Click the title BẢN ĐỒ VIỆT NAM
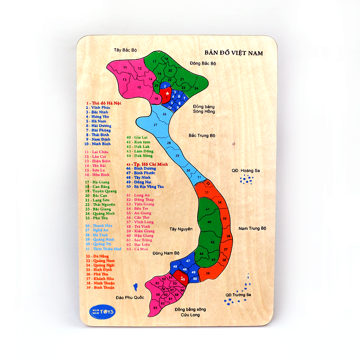tap(234, 53)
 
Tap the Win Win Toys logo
tap(102, 311)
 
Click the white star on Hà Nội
tap(167, 93)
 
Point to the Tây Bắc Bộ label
tap(125, 50)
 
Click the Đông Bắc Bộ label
tap(203, 63)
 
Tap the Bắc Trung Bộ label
tap(202, 136)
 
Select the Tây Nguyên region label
tap(181, 229)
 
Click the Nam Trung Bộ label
tap(252, 228)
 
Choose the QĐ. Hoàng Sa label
tap(246, 170)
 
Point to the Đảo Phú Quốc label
tap(130, 297)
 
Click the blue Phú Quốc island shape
tap(136, 287)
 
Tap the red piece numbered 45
tap(182, 278)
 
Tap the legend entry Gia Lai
tap(136, 137)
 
